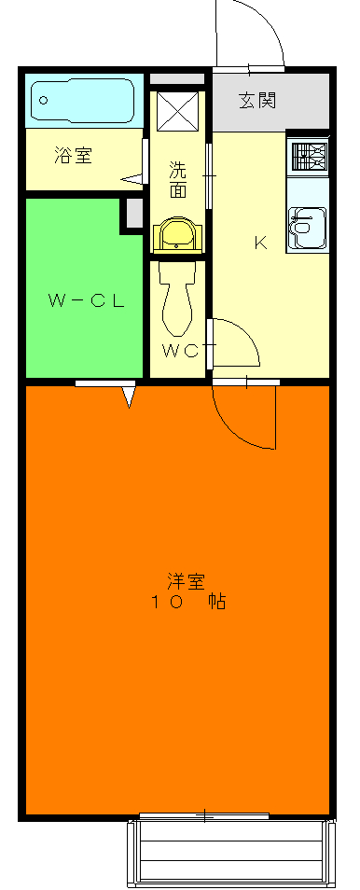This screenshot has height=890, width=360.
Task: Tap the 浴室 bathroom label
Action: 72,156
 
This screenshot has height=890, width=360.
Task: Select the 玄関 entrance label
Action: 256,101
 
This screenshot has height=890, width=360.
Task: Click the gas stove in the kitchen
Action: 308,155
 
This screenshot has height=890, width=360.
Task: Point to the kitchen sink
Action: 306,227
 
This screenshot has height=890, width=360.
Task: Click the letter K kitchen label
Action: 261,244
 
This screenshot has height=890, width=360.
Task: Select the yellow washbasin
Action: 177,234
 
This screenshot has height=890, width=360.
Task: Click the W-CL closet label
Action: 86,300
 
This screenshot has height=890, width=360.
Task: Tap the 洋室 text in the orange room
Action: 186,580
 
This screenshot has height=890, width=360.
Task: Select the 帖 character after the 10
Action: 215,603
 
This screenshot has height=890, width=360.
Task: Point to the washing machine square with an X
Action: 177,111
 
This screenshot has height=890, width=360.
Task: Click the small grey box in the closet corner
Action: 132,214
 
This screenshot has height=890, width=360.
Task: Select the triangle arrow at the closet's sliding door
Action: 130,397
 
